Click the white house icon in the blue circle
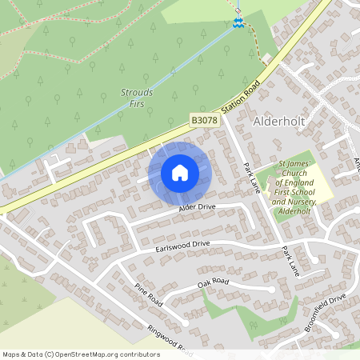click(180, 172)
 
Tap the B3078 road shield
click(202, 119)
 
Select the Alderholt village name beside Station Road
click(281, 122)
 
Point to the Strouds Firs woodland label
click(137, 97)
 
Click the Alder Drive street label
click(197, 208)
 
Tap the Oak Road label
click(213, 282)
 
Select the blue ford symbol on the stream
click(237, 23)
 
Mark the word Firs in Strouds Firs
click(137, 102)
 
